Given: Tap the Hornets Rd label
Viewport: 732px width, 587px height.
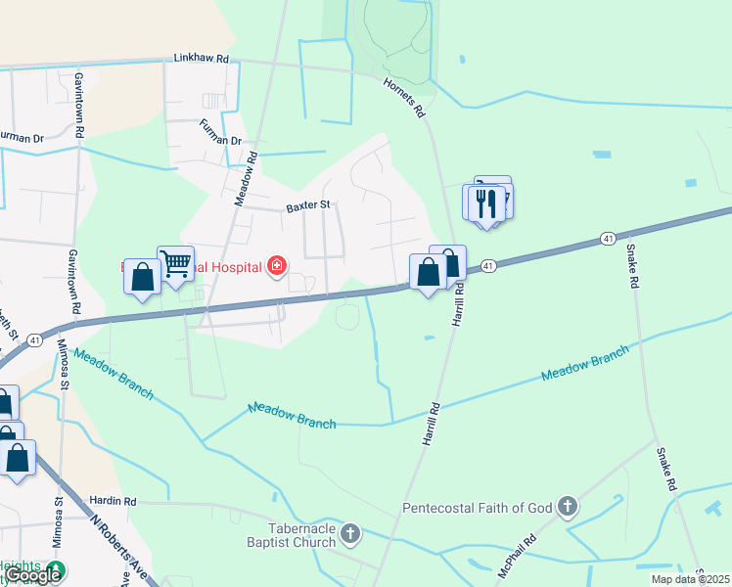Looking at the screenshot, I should coord(404,98).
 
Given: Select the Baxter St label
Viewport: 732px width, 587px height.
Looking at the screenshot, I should coord(310,206).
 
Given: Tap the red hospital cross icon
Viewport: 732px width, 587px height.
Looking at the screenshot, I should coord(277,266).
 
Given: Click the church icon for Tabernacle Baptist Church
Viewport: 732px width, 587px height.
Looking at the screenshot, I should coord(350,534).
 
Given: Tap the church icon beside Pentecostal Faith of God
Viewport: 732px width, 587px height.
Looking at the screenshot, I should coord(567,507).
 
